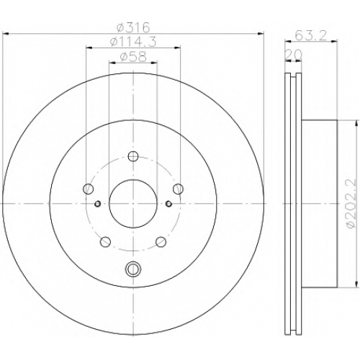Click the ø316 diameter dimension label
point(133,27)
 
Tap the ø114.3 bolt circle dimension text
point(133,42)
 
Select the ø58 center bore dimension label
point(133,57)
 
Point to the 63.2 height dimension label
point(311,36)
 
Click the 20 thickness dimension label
point(293,55)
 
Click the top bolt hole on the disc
point(133,156)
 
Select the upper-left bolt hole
point(88,189)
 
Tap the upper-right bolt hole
point(178,189)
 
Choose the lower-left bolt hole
point(105,242)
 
